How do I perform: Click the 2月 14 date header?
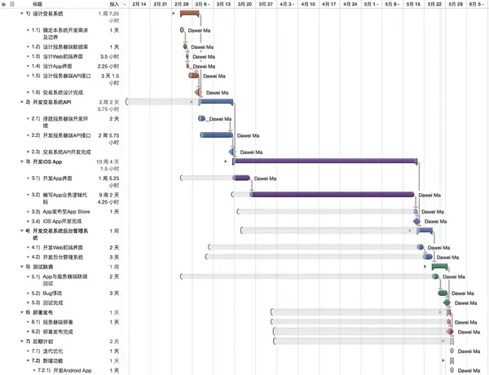[139, 4]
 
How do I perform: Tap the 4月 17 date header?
[328, 4]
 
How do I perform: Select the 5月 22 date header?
[434, 4]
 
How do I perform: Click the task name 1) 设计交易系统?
[48, 14]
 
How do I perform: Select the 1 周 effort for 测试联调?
[114, 267]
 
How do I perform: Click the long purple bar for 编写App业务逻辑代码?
[333, 195]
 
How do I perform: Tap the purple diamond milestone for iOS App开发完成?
[416, 221]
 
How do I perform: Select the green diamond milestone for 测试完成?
[447, 302]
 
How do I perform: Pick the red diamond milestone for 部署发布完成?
[450, 332]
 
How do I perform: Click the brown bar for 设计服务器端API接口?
[194, 76]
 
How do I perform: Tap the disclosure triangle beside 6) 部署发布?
[23, 311]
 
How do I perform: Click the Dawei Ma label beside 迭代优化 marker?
[469, 351]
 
